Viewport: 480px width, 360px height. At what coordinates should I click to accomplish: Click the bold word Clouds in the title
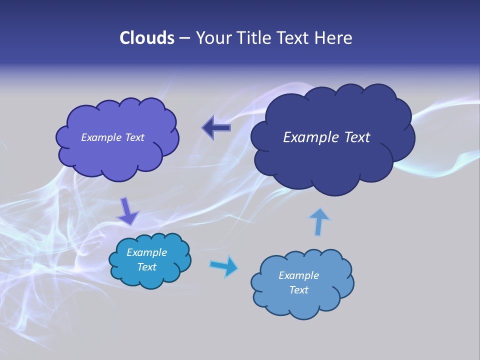(x=146, y=38)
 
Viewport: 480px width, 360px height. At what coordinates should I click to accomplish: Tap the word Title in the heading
(x=253, y=38)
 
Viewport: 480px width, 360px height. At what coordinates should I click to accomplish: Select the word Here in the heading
(x=333, y=38)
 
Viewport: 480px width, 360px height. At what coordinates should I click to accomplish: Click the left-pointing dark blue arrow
(x=216, y=127)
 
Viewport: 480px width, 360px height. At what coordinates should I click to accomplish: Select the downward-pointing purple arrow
(x=127, y=211)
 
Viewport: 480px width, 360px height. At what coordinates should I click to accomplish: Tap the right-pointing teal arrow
(x=224, y=266)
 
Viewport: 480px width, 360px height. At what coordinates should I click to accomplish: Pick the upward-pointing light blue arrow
(x=318, y=221)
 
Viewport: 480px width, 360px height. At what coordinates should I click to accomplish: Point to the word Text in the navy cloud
(x=357, y=137)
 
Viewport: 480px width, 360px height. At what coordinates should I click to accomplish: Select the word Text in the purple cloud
(x=134, y=137)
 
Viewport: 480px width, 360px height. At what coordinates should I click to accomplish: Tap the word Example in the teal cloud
(x=146, y=252)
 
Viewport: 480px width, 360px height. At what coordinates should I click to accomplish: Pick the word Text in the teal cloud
(x=146, y=267)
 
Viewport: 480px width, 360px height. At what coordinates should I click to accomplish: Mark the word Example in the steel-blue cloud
(x=298, y=275)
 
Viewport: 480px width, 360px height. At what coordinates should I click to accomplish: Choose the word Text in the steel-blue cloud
(x=298, y=290)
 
